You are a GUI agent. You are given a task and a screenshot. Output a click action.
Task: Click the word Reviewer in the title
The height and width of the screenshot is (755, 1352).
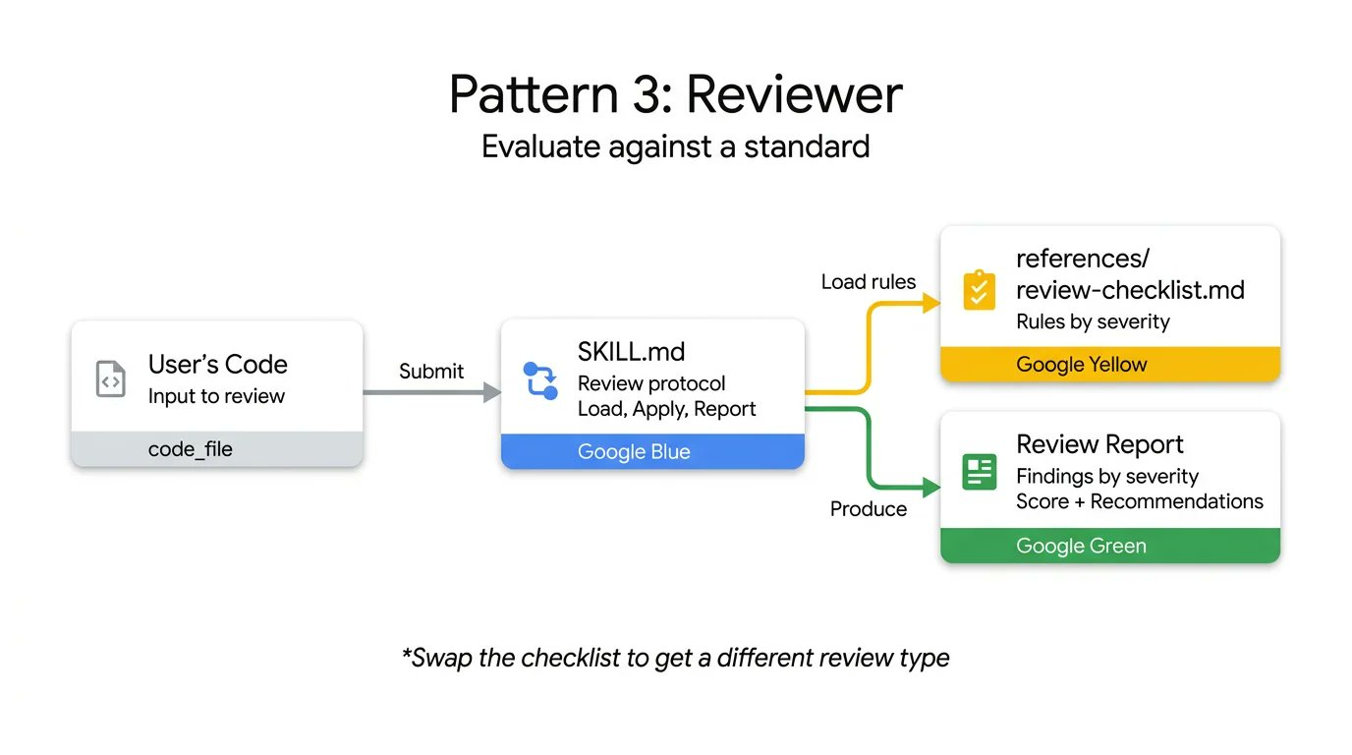tap(794, 95)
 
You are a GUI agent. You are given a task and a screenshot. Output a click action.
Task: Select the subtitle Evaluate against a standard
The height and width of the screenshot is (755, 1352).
tap(675, 146)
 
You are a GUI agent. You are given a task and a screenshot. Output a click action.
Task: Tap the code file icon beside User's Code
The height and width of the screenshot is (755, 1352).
tap(110, 379)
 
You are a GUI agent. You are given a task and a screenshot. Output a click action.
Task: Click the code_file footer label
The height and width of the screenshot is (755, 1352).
tap(191, 449)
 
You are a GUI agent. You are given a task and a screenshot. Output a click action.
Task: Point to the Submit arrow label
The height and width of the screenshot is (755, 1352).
tap(431, 372)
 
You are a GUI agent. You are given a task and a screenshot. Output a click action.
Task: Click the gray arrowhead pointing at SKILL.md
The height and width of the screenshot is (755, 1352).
tap(492, 393)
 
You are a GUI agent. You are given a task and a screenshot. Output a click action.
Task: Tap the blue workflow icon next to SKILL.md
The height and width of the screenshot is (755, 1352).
tap(540, 380)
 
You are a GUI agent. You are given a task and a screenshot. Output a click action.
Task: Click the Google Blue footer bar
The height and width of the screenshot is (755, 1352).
tap(652, 452)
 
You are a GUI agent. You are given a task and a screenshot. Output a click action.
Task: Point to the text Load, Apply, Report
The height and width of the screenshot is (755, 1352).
tap(666, 409)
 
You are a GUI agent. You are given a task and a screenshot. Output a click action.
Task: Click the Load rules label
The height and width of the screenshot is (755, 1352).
tap(868, 282)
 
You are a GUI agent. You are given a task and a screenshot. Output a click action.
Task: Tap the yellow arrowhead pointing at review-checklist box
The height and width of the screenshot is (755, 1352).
tap(931, 303)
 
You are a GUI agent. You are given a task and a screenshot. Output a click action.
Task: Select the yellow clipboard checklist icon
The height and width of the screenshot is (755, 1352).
tap(980, 290)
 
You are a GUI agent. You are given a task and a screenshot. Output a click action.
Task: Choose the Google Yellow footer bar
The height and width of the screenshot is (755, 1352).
tap(1110, 365)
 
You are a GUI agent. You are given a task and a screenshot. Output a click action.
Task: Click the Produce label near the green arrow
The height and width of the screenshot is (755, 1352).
tap(868, 509)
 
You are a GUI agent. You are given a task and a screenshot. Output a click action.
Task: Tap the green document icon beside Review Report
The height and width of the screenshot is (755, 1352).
tap(980, 473)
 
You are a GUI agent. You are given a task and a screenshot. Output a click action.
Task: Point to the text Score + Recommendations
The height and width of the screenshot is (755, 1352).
tap(1140, 501)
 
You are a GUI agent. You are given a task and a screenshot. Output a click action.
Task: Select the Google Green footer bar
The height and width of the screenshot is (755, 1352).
tap(1110, 546)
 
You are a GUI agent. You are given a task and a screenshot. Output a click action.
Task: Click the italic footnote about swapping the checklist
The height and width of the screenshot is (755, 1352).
tap(676, 658)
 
